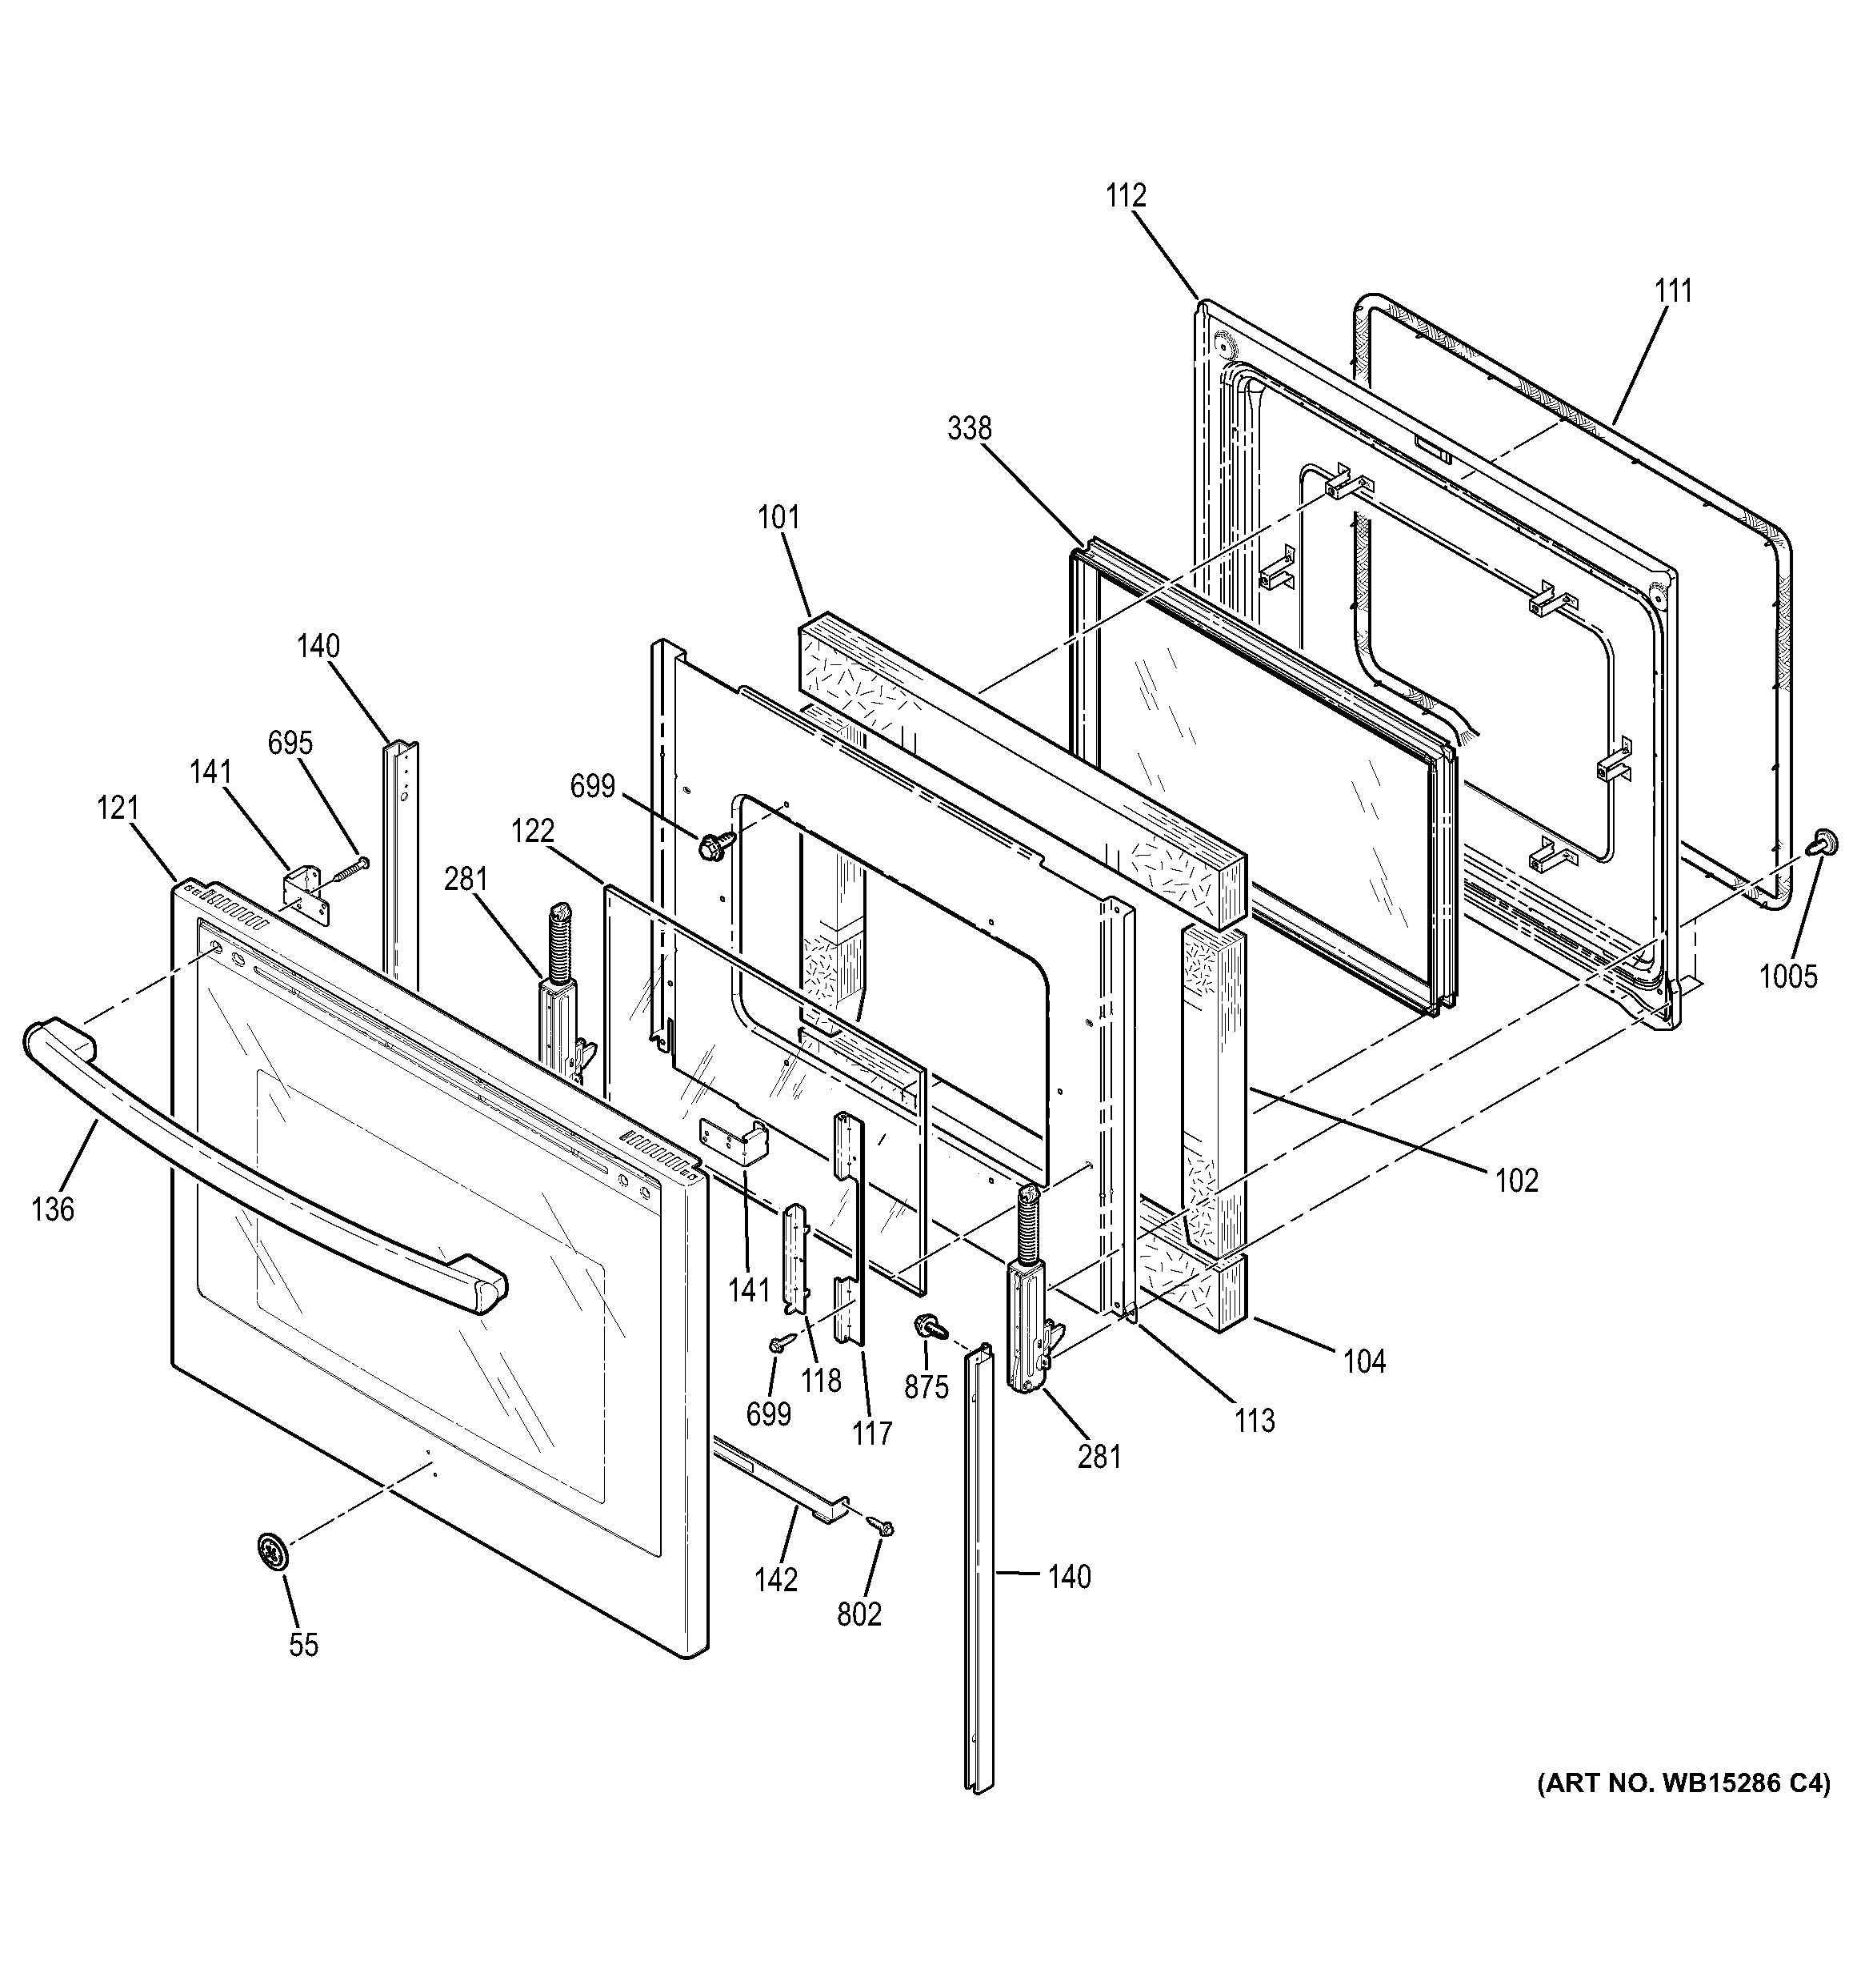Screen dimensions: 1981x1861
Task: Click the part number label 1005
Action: coord(1788,976)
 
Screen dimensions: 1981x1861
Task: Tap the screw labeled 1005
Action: coord(1822,843)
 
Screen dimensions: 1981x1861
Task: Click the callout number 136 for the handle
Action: coord(53,1209)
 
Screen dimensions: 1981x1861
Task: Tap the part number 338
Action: coord(970,428)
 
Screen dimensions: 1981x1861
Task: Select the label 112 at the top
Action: coord(1126,195)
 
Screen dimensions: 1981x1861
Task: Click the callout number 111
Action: coord(1674,292)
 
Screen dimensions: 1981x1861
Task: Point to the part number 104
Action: coord(1365,1361)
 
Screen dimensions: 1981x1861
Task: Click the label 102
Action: coord(1517,1181)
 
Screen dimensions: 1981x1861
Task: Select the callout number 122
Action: coord(533,830)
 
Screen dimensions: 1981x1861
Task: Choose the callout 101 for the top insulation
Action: coord(778,518)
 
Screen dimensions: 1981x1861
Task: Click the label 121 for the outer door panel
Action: coord(118,808)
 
